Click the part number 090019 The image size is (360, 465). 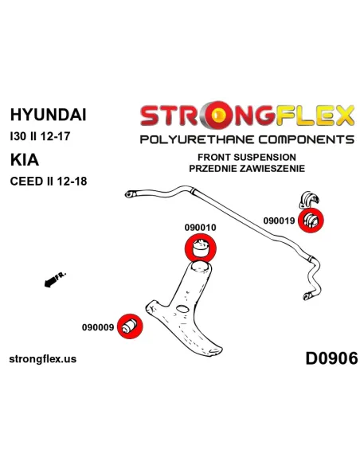point(279,221)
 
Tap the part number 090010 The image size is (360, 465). point(200,228)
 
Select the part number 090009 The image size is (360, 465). point(98,327)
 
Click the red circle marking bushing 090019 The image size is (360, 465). point(311,221)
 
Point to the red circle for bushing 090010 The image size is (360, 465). point(200,248)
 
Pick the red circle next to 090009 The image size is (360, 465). point(130,326)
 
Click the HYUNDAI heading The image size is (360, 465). point(48,115)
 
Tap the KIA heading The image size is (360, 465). point(25,160)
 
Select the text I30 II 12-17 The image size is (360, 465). point(40,136)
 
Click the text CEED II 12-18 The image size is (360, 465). point(49,182)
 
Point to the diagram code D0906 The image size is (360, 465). point(331,358)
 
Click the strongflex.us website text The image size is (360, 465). point(43,359)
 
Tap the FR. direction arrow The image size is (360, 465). point(55,279)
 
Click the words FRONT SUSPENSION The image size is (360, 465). point(247,157)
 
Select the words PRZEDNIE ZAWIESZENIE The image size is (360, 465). point(247,169)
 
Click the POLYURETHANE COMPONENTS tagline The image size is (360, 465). point(247,139)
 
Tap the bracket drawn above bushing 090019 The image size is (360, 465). point(310,200)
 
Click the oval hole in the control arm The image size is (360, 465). point(182,309)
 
